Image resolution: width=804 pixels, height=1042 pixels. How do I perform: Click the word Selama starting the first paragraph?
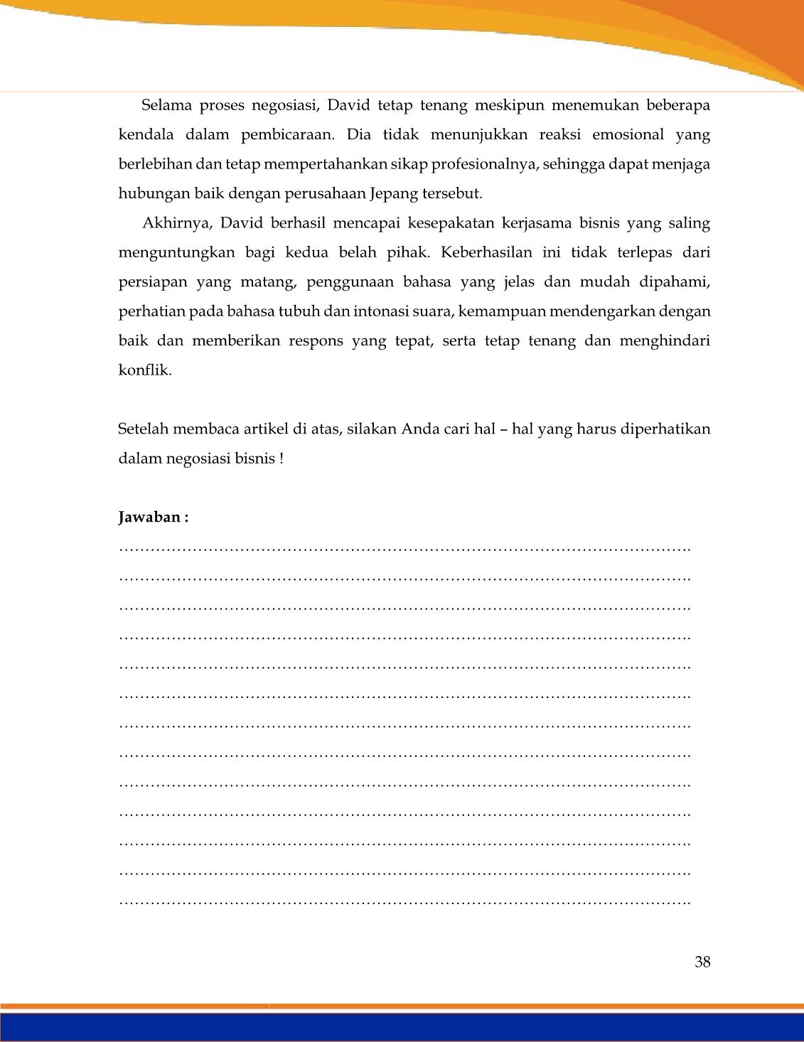166,106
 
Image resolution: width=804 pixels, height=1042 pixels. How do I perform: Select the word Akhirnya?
177,223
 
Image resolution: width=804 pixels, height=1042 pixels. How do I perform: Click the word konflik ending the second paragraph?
144,370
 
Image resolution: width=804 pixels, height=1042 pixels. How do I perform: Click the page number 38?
702,962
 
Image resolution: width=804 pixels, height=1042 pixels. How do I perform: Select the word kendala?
146,135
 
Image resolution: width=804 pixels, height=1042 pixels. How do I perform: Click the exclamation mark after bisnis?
282,459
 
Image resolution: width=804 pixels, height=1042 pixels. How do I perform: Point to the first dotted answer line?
404,549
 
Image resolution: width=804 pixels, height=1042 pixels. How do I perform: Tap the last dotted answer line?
404,903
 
